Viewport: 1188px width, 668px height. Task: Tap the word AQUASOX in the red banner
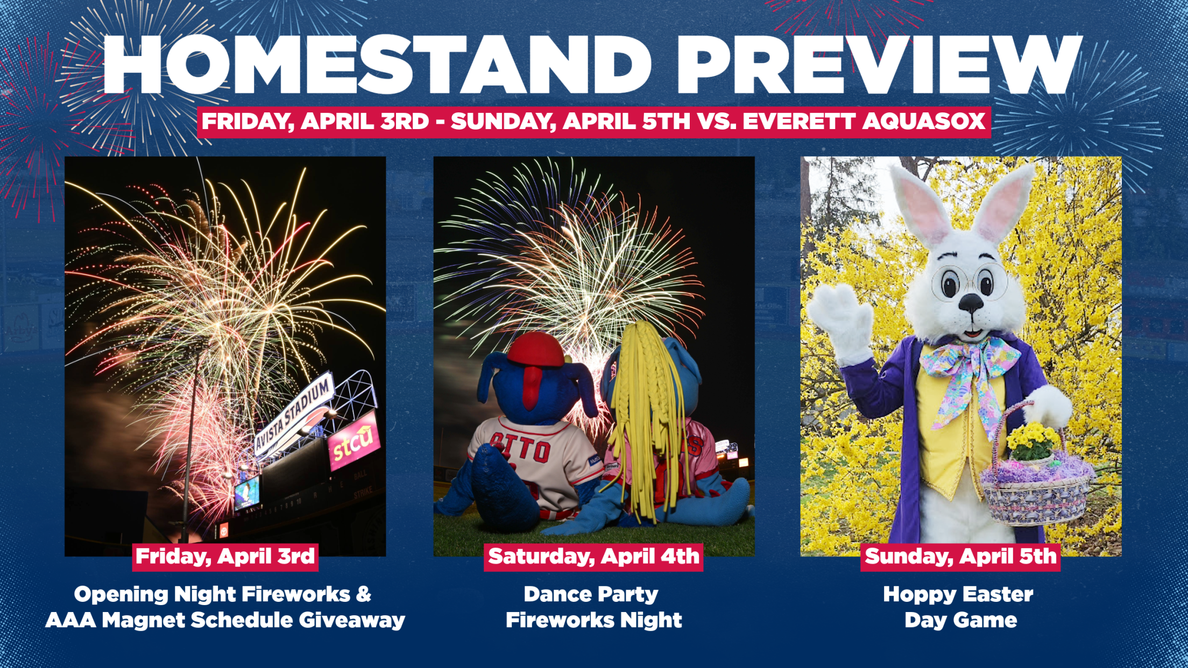(924, 122)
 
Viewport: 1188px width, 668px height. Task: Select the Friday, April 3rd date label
(225, 556)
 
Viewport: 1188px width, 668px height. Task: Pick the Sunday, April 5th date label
(960, 556)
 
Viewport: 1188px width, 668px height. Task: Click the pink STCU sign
(353, 440)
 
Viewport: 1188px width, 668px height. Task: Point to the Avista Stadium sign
(294, 414)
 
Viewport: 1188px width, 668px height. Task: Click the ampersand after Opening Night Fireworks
(363, 594)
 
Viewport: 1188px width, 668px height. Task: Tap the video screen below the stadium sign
(246, 492)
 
